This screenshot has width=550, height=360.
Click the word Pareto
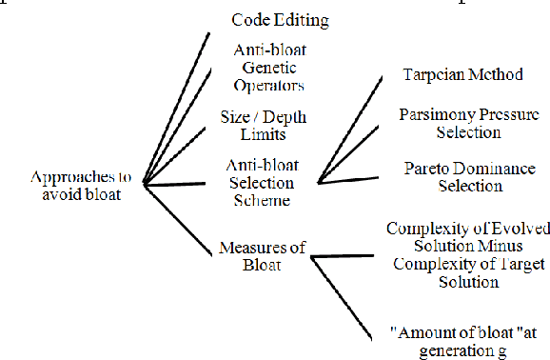[426, 169]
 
